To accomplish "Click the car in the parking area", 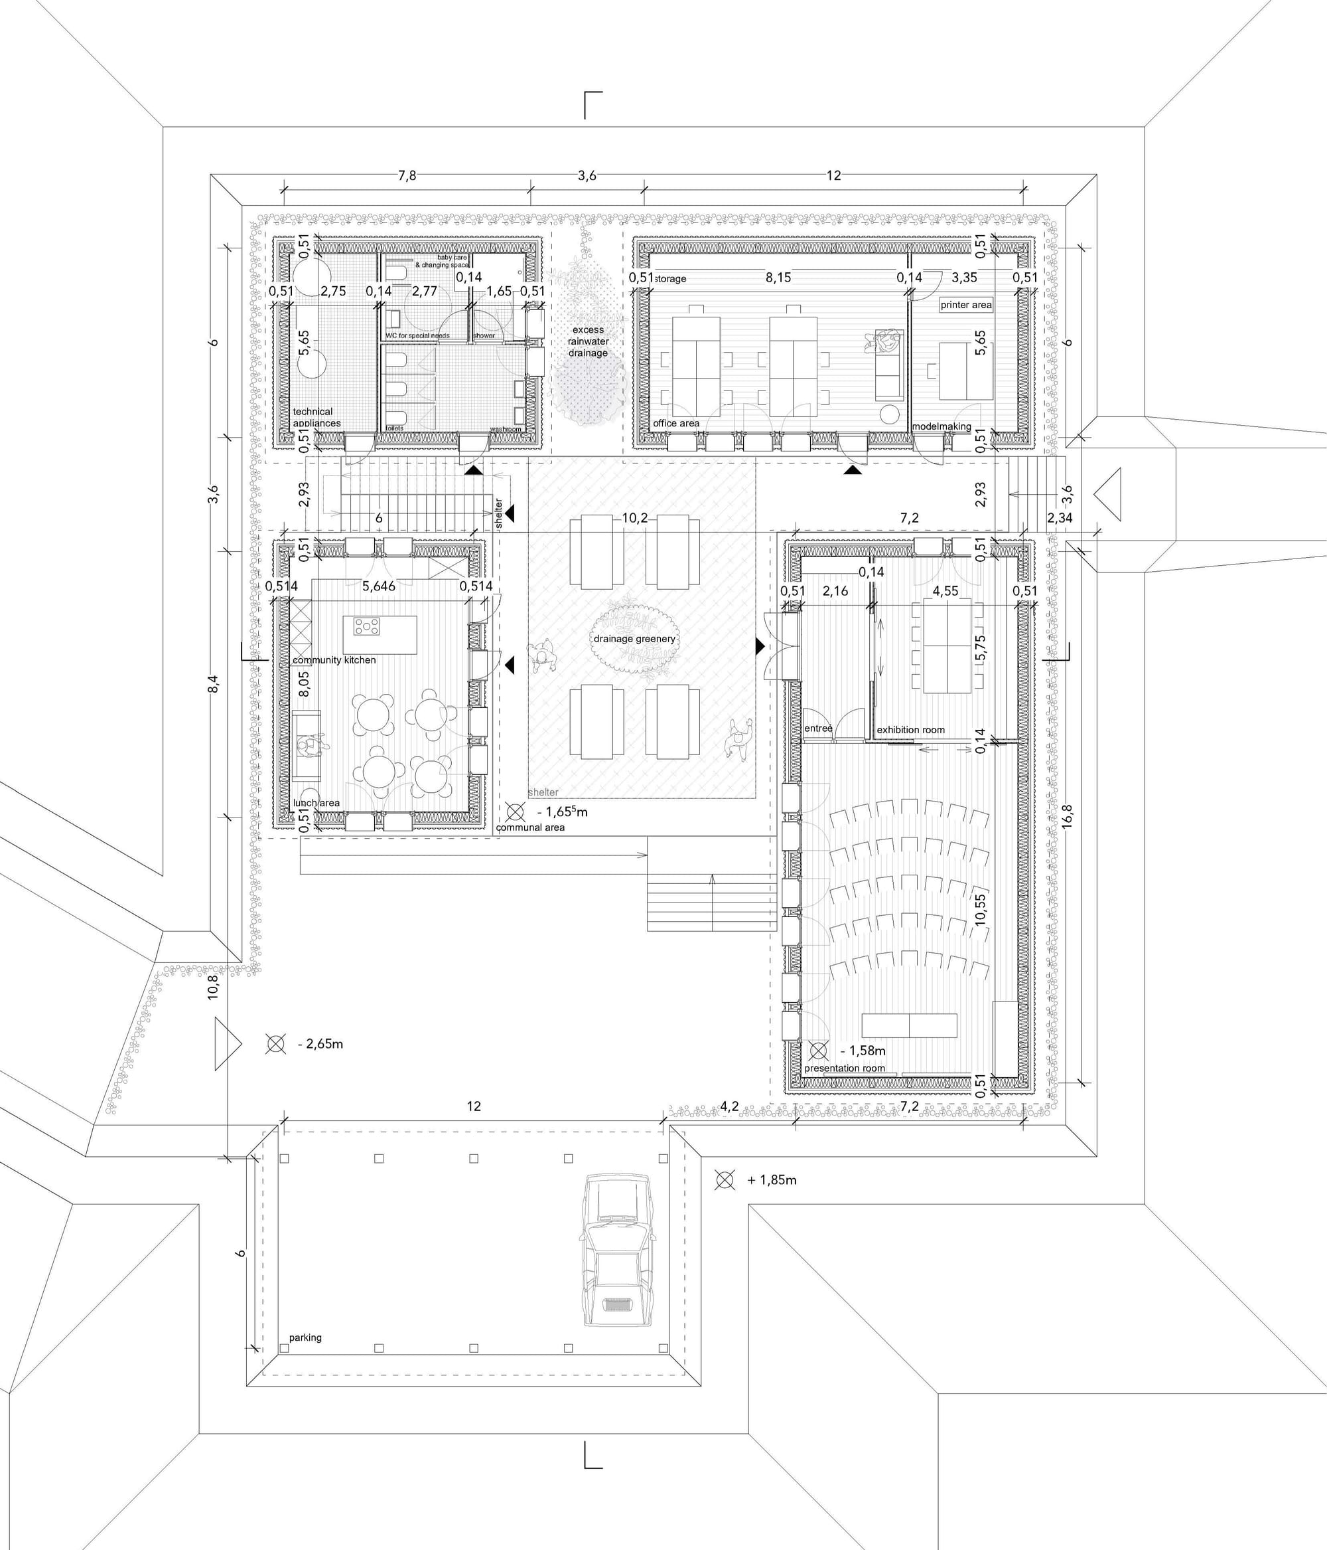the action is (615, 1261).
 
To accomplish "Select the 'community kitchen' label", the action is (334, 660).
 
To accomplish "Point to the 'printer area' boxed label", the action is (966, 304).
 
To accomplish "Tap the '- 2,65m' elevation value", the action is (320, 1043).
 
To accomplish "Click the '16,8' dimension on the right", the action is (1067, 815).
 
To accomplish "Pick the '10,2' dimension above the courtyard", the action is (635, 518).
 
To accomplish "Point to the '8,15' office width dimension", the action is (778, 278).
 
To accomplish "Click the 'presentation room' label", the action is (845, 1069).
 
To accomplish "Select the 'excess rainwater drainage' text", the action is (588, 341).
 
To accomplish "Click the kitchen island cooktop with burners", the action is (366, 626).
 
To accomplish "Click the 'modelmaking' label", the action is (942, 426).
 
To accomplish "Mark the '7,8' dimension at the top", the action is (407, 176).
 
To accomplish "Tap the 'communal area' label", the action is (530, 827).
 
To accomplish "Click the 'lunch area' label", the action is (316, 803).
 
